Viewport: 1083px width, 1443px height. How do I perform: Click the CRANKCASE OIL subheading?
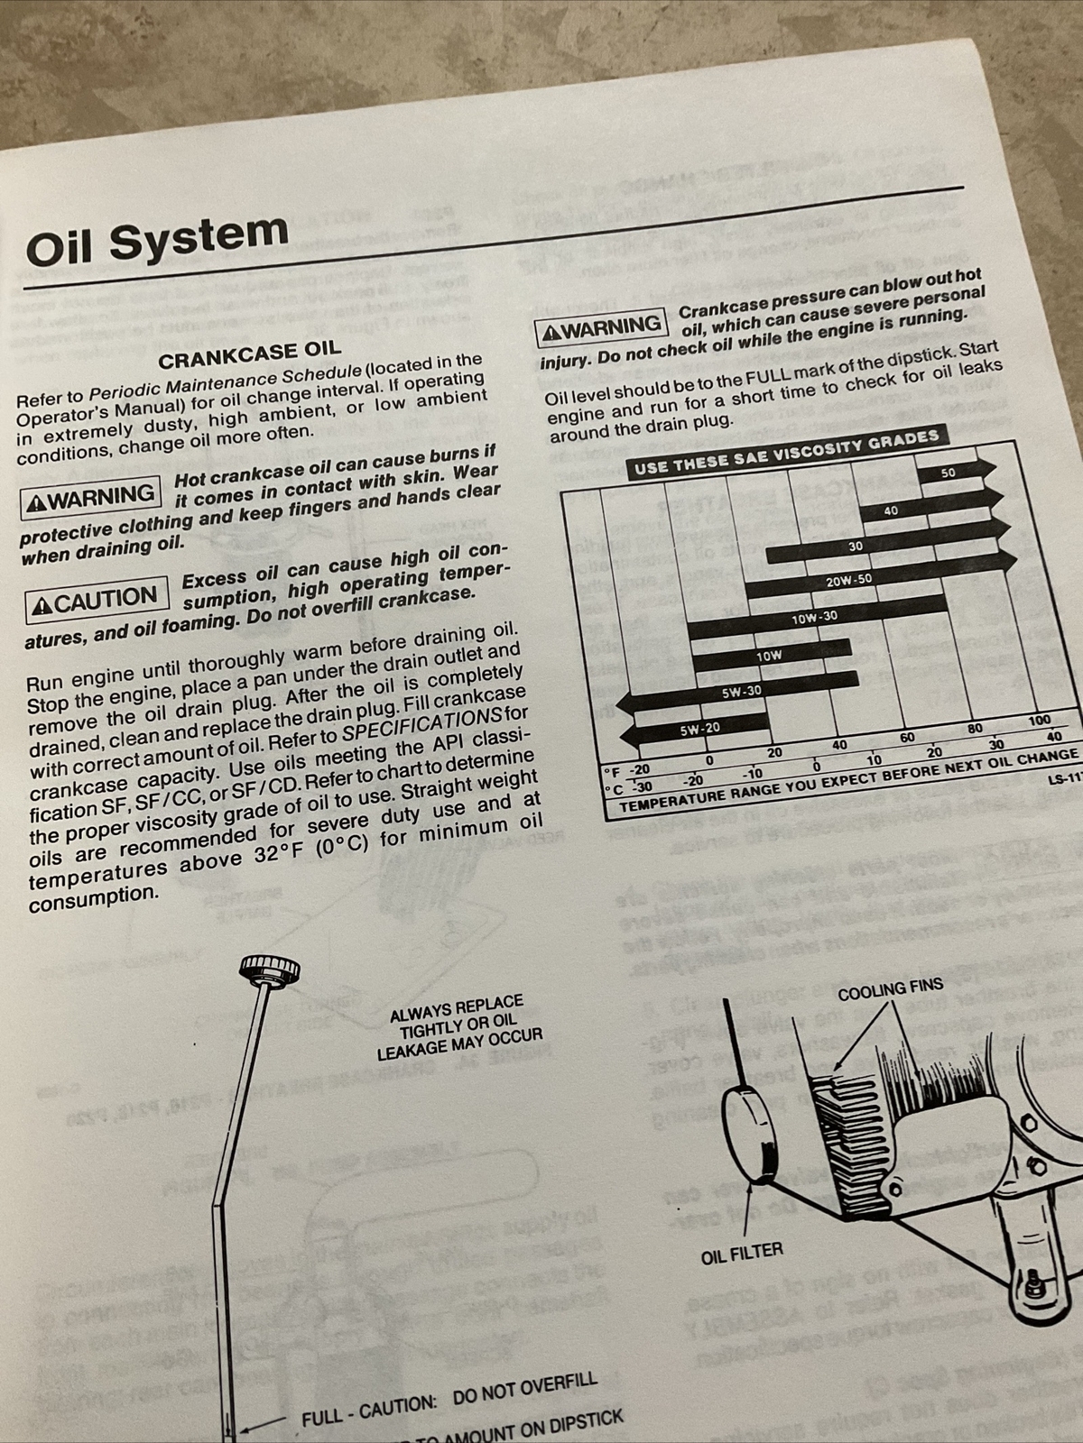(x=250, y=354)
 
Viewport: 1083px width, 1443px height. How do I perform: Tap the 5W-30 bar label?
(x=741, y=692)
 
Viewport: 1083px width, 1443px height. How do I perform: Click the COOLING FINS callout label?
(x=890, y=990)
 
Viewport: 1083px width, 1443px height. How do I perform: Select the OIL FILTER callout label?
(x=742, y=1251)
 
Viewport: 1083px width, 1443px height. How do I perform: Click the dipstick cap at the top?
(x=269, y=970)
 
